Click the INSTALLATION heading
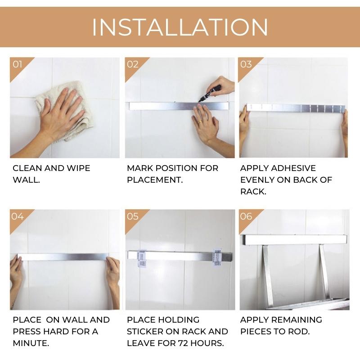pos(180,27)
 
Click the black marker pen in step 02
pos(209,94)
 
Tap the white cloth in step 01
pos(64,110)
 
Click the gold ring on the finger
pos(200,121)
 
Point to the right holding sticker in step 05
pos(217,257)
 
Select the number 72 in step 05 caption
pos(183,343)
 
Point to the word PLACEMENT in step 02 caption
pos(154,180)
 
